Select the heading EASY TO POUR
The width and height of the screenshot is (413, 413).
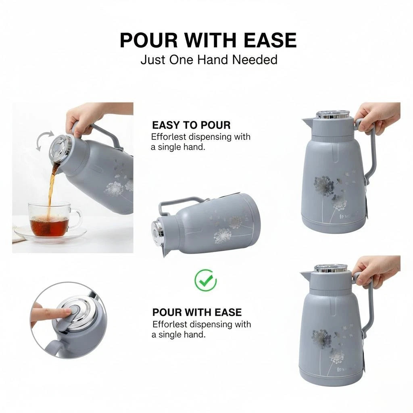191,125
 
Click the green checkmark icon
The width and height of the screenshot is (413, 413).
206,280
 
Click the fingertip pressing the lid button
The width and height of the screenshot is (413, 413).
67,312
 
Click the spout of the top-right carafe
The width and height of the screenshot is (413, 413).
307,122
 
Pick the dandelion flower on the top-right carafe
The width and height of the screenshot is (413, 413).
324,186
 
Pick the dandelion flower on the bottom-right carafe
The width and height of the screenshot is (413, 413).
321,339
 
